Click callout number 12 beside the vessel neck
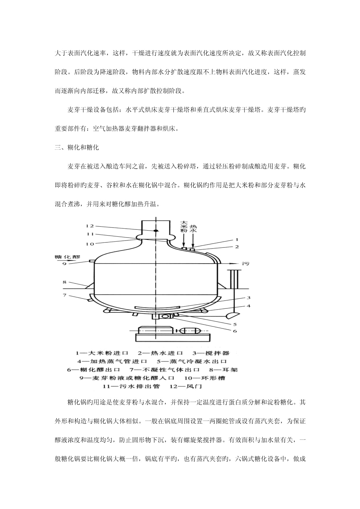90,226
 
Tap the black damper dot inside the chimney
156,231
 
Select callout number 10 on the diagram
90,244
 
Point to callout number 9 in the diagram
64,264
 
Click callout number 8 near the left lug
64,282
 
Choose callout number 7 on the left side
64,295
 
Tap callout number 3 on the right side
241,298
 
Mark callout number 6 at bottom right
235,331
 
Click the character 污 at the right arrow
246,264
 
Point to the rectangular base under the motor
173,337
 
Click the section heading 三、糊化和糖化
77,148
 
